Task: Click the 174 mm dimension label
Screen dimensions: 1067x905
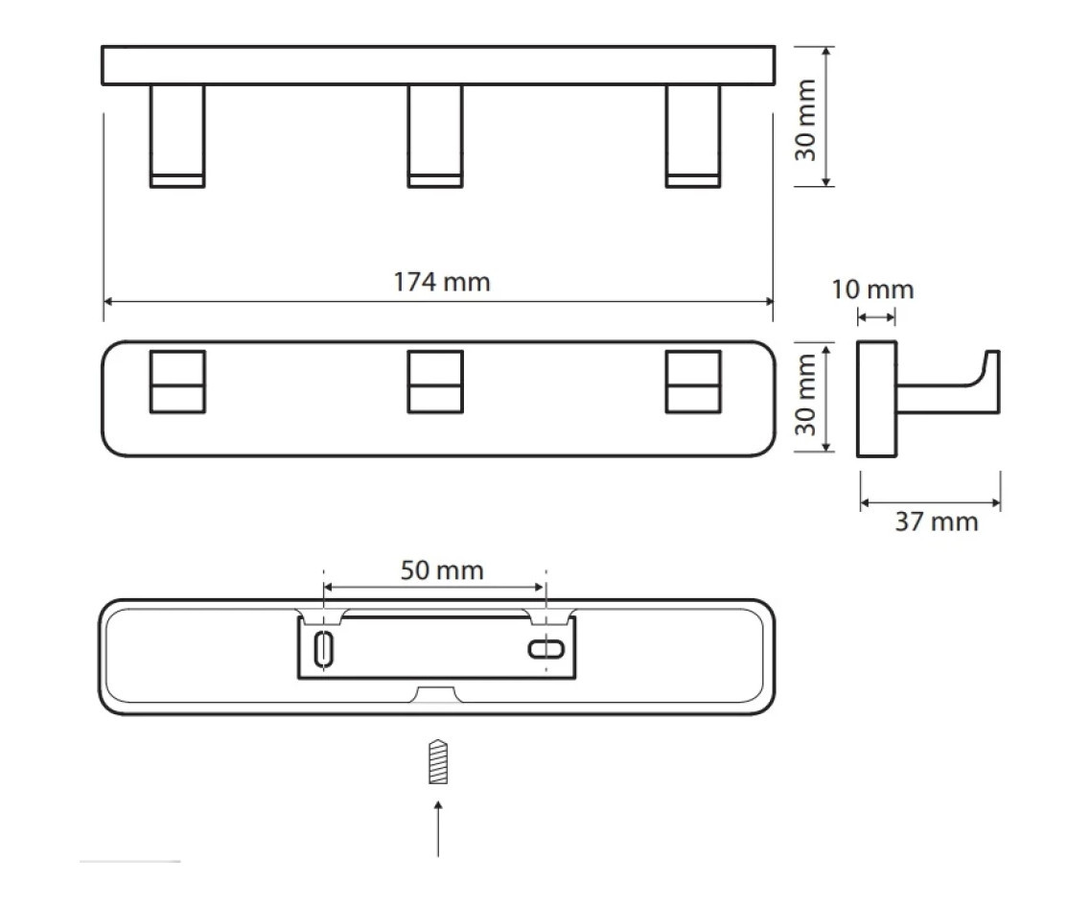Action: [x=442, y=282]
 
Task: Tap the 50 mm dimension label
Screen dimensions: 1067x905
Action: [x=442, y=570]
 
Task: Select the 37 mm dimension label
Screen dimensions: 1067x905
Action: [x=937, y=522]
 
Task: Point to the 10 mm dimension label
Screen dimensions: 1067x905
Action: [x=872, y=290]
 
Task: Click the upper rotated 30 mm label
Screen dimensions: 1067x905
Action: [x=805, y=120]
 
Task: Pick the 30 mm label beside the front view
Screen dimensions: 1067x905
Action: [x=805, y=395]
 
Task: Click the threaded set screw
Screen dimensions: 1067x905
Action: [x=438, y=761]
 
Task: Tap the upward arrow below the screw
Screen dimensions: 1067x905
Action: [x=438, y=829]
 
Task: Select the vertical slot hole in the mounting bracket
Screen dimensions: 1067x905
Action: [x=324, y=649]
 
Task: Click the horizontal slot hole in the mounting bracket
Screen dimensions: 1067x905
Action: [x=546, y=649]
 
